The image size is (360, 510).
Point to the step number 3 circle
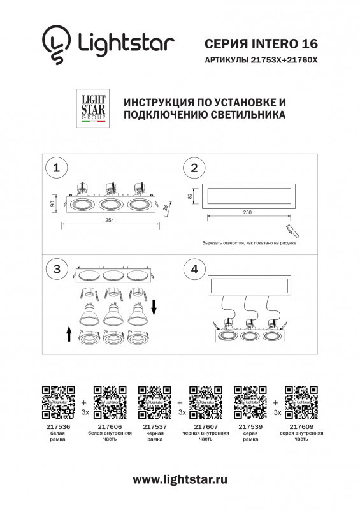point(57,269)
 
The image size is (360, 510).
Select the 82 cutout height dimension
point(190,196)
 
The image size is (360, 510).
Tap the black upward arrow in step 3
point(68,333)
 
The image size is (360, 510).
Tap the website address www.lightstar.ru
point(180,479)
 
